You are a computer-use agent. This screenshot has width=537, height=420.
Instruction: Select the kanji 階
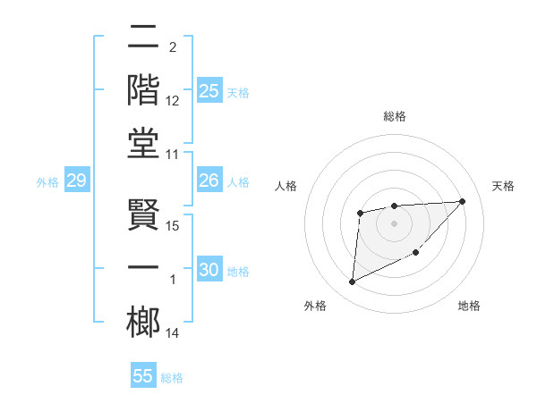click(144, 89)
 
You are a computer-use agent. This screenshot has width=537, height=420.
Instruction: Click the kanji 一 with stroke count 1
click(144, 267)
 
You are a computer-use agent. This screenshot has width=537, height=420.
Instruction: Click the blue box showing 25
click(209, 91)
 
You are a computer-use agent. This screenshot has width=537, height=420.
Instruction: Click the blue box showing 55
click(143, 376)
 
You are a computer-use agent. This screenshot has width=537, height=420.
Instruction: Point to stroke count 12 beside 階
click(173, 102)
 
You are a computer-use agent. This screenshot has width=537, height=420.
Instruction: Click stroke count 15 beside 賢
click(174, 225)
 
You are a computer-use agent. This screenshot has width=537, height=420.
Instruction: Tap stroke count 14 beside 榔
click(174, 334)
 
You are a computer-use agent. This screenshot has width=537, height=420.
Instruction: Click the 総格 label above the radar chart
click(395, 116)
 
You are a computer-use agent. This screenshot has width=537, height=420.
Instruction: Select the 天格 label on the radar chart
click(504, 186)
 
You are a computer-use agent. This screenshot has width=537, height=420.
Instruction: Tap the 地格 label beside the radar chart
click(469, 306)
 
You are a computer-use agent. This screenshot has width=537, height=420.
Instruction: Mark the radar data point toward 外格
click(352, 282)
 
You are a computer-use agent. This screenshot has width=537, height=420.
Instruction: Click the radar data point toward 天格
click(462, 201)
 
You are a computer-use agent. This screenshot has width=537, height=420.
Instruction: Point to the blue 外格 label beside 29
click(47, 182)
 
